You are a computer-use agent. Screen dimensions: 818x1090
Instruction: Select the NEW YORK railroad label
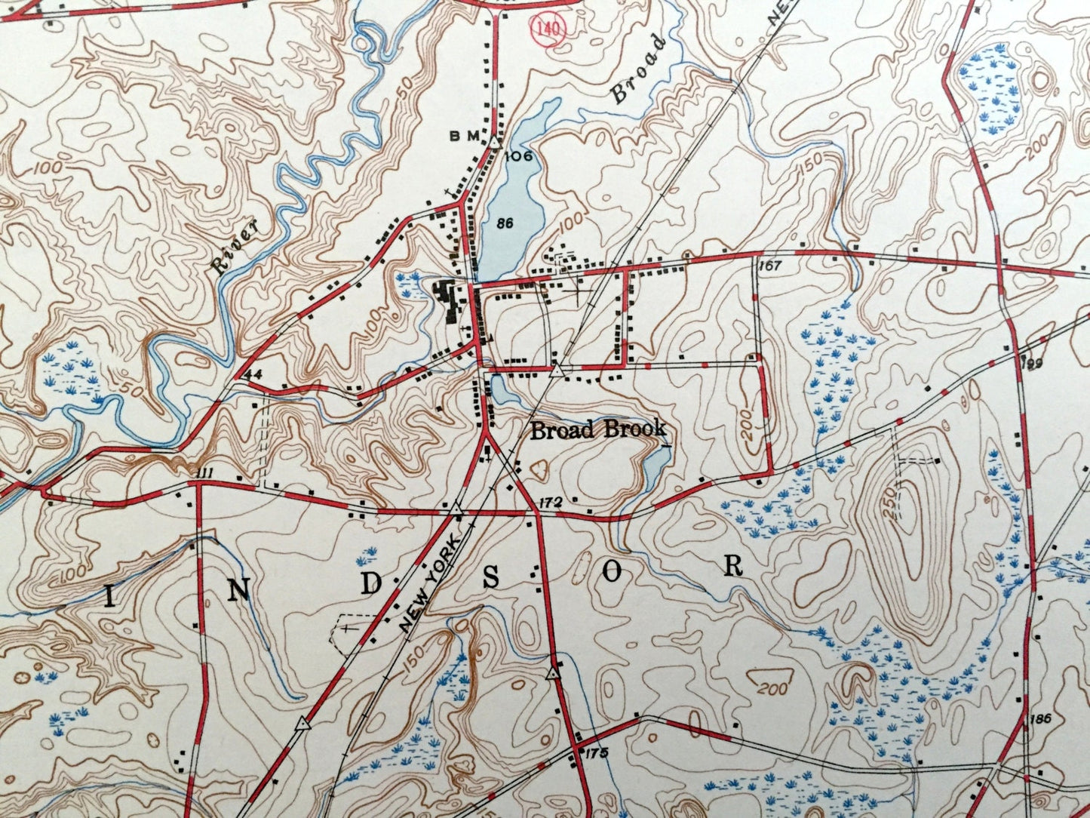[x=430, y=583]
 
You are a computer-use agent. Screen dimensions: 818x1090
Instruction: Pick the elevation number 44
[x=252, y=374]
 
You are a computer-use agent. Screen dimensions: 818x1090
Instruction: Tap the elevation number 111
[x=204, y=472]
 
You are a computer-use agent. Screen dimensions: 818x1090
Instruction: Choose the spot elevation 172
[x=552, y=502]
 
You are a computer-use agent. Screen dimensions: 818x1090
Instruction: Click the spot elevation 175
[x=595, y=752]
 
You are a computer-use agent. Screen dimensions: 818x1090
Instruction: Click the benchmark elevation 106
[x=520, y=156]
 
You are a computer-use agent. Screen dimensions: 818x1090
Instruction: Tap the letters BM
[x=465, y=136]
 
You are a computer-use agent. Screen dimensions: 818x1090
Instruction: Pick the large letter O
[x=612, y=573]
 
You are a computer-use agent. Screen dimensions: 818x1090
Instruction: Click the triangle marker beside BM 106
[x=493, y=141]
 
